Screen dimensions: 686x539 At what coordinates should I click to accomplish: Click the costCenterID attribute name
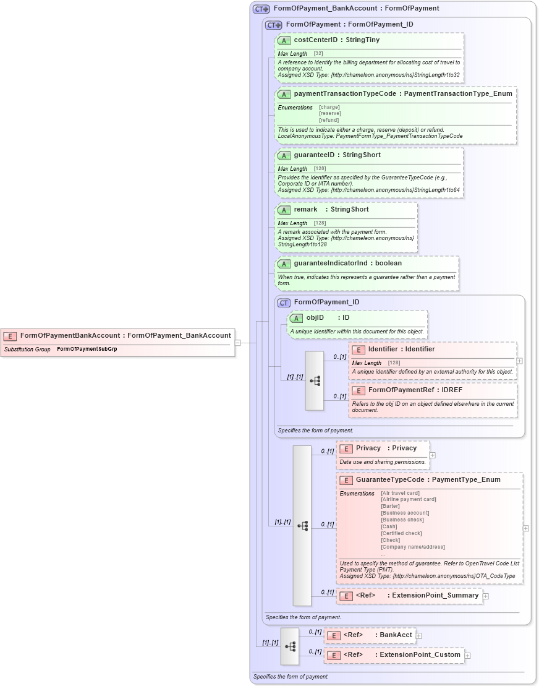pos(316,40)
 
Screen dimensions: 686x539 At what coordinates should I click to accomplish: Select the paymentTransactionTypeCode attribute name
pos(344,94)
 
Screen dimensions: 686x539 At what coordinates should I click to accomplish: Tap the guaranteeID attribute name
pos(314,155)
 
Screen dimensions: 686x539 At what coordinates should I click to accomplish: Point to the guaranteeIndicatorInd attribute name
pos(330,264)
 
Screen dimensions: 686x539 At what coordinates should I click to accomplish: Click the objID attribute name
pos(315,318)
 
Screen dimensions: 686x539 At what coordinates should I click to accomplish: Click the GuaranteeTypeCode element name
pos(389,479)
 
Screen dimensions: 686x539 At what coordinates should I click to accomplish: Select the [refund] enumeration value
pos(329,120)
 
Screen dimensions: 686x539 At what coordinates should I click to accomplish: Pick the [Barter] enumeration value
pos(391,506)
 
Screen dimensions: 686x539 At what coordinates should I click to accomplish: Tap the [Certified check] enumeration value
pos(401,533)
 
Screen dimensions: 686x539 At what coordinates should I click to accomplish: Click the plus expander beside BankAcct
pos(419,635)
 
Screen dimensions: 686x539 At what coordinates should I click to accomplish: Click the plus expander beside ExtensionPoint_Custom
pos(467,655)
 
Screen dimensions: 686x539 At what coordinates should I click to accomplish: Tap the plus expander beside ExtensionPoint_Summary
pos(486,596)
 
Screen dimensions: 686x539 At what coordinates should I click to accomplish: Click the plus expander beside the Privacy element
pos(432,455)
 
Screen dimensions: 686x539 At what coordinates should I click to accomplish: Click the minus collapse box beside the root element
pos(237,343)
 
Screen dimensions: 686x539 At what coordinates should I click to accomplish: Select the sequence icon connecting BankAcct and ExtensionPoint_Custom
pos(289,645)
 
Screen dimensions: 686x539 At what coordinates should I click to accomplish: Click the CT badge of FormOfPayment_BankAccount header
pos(261,9)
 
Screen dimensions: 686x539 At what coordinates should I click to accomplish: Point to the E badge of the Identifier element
pos(359,349)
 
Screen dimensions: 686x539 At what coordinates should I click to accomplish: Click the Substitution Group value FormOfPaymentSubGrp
pos(87,349)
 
